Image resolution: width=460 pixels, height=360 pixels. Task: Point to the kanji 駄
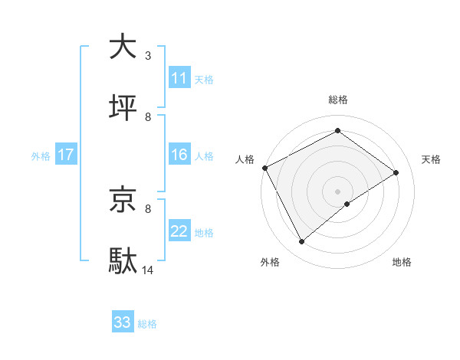coord(123,260)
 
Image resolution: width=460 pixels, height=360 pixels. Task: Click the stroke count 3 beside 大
coord(148,55)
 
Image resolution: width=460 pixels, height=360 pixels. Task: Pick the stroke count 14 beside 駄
coord(148,270)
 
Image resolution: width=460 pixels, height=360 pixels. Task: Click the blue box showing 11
coord(179,78)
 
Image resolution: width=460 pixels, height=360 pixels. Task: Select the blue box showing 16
coord(179,155)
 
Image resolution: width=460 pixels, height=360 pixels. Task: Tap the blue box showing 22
coord(179,231)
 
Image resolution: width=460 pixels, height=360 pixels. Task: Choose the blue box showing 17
coord(66,155)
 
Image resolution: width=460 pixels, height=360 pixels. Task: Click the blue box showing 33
coord(123,322)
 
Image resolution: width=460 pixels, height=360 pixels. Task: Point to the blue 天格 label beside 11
coord(204,79)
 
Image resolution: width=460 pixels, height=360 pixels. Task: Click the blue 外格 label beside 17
coord(41,155)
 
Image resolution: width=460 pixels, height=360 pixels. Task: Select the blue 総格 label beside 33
coord(147,323)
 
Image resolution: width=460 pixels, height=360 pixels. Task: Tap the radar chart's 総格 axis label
coord(338,100)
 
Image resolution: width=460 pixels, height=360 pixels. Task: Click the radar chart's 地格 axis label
coord(402,263)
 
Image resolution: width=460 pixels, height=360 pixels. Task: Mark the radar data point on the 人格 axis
coord(264,168)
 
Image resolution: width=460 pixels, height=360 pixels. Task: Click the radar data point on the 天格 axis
coord(396,172)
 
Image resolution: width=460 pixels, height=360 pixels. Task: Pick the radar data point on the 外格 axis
coord(301,242)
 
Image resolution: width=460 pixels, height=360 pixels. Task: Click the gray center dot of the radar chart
coord(338,191)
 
